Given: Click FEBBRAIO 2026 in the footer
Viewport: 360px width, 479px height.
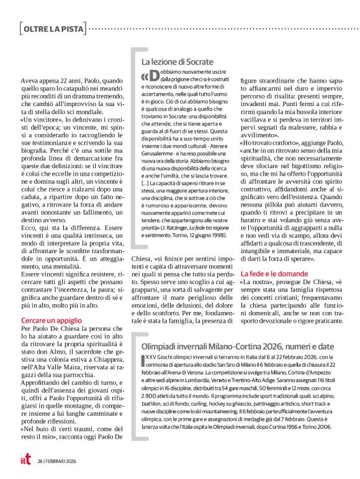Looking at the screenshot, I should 62,461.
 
